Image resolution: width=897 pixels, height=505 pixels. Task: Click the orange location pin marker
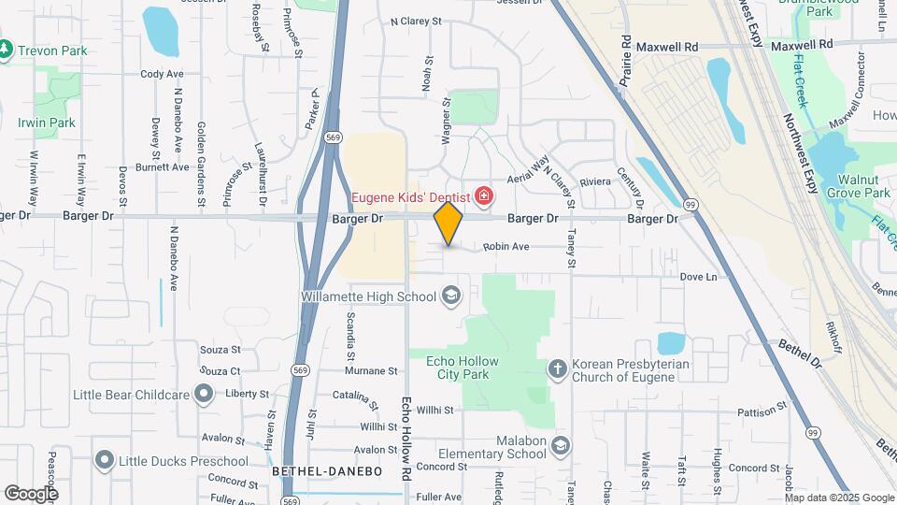coord(448,223)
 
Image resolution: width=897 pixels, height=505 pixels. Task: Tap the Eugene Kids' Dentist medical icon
coord(484,196)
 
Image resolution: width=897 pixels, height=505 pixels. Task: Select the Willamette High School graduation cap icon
coord(451,296)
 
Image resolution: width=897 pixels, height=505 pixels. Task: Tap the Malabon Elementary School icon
coord(559,445)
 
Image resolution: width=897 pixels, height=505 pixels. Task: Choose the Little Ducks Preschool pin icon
coord(104,460)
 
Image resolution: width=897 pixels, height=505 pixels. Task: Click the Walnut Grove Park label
coord(863,185)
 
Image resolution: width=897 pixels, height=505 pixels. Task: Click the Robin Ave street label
coord(506,247)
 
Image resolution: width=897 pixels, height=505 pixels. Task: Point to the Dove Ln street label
coord(698,277)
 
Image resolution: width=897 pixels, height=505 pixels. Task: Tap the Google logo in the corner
coord(31,493)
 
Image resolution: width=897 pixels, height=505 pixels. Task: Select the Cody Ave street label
coord(162,74)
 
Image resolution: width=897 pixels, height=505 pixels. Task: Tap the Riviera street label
coord(594,181)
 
